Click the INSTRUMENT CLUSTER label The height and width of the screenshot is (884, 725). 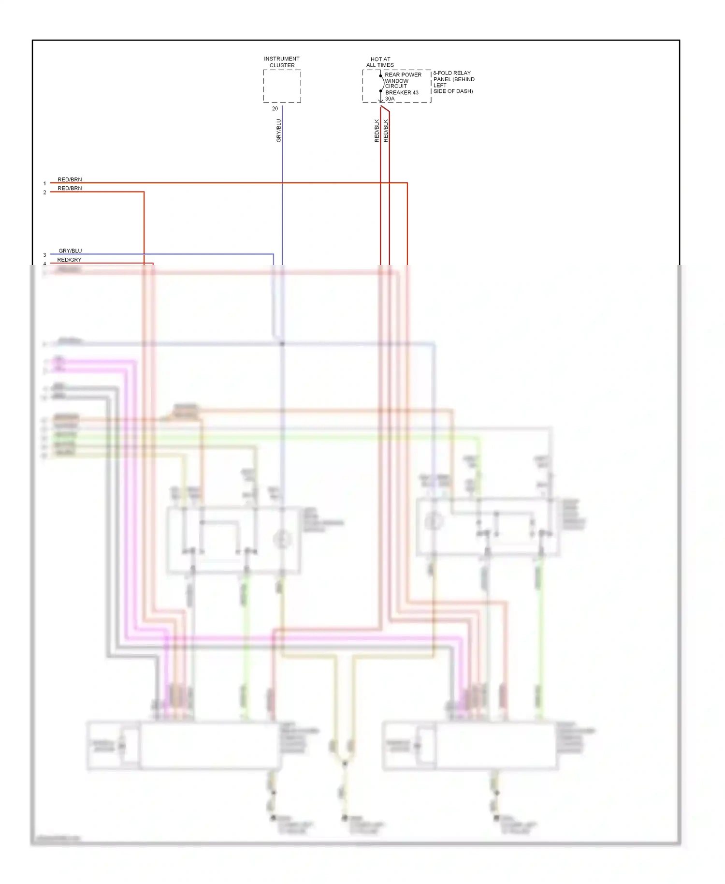(x=282, y=62)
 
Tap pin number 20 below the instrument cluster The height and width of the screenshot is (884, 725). (x=275, y=109)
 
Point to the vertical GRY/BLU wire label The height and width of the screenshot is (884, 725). (x=278, y=131)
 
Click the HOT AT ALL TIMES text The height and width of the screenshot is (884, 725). (x=380, y=62)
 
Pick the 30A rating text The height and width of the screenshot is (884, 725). (x=390, y=99)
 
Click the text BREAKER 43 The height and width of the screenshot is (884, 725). (x=402, y=92)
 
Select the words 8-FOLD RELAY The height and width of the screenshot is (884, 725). (x=452, y=73)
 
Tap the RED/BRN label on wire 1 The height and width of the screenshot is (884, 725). (x=70, y=179)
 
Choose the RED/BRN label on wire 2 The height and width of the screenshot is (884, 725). (x=70, y=188)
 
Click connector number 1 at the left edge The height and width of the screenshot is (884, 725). (x=44, y=184)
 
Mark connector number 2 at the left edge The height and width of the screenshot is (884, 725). (x=44, y=192)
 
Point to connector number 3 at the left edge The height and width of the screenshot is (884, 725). (x=44, y=255)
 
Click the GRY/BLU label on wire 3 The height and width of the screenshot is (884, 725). (x=70, y=251)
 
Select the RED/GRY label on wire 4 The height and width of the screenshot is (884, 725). (x=69, y=260)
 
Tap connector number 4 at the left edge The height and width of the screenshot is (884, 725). (x=44, y=264)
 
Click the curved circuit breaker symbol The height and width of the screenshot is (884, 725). (x=382, y=83)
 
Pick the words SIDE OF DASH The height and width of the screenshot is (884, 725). (x=453, y=91)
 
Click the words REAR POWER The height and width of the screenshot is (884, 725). (x=403, y=75)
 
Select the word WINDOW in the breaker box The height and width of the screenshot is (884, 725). (x=397, y=81)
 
